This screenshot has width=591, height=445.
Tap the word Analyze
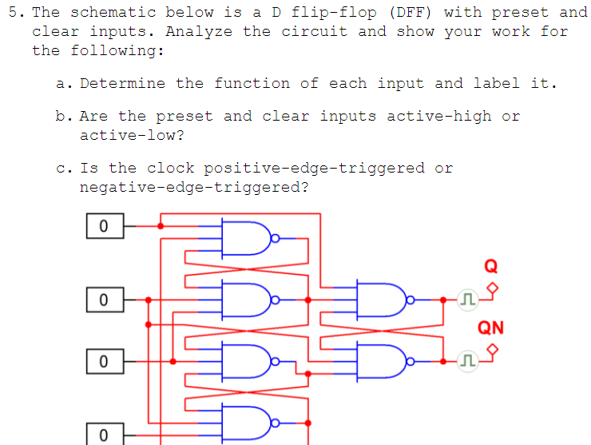200,32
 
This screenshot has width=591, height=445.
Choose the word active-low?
132,136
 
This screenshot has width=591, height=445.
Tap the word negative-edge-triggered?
194,188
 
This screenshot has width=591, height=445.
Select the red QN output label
490,327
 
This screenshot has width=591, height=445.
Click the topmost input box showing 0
104,226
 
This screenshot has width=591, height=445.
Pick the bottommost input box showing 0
104,435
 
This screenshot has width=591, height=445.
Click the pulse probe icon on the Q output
467,300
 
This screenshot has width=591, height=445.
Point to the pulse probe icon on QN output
467,362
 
